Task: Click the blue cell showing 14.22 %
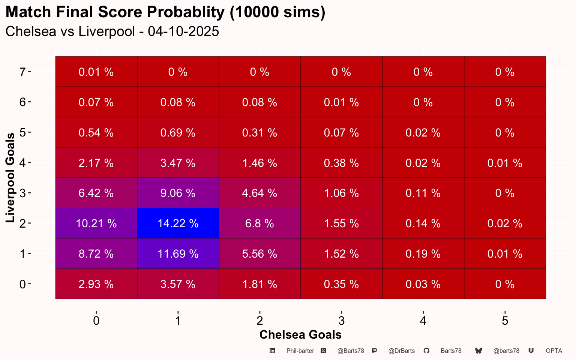tap(178, 223)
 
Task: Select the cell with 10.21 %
tap(96, 223)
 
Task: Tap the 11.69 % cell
tap(178, 254)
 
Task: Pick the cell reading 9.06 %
tap(178, 193)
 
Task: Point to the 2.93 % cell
tap(96, 284)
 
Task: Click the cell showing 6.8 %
tap(259, 223)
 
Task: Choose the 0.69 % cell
tap(178, 133)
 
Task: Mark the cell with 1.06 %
tap(341, 193)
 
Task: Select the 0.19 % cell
tap(423, 254)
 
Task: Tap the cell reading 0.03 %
tap(423, 284)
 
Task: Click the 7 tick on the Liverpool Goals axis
tap(23, 72)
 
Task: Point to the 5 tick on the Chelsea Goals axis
tap(505, 321)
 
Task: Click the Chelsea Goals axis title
tap(300, 334)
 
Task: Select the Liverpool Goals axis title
tap(10, 177)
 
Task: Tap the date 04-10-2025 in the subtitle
tap(183, 31)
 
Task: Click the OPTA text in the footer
tap(554, 351)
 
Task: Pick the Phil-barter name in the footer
tap(300, 351)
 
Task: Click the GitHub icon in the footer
tap(426, 351)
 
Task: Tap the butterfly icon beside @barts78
tap(478, 351)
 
